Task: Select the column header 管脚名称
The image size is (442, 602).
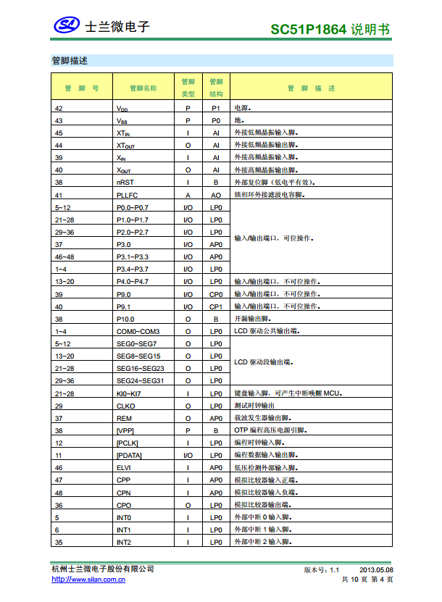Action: coord(143,88)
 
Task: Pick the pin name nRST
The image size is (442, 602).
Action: coord(125,183)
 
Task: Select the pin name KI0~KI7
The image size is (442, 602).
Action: coord(128,393)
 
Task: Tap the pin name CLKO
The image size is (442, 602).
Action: coord(125,406)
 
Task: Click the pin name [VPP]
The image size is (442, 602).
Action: coord(125,430)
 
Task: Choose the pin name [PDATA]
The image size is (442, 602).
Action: coord(129,456)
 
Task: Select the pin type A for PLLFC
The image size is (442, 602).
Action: coord(188,195)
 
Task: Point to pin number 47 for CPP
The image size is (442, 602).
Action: coord(59,480)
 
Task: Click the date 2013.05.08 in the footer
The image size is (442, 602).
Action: coord(376,569)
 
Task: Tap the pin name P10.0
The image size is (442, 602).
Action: coord(125,319)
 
